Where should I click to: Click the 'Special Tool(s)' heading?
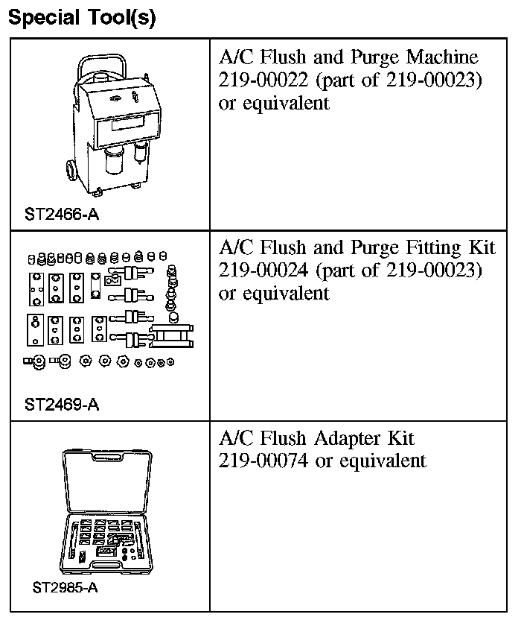(x=82, y=17)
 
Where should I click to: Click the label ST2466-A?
(x=61, y=215)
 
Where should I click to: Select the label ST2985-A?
(x=65, y=586)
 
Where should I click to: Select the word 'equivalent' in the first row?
(x=284, y=103)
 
